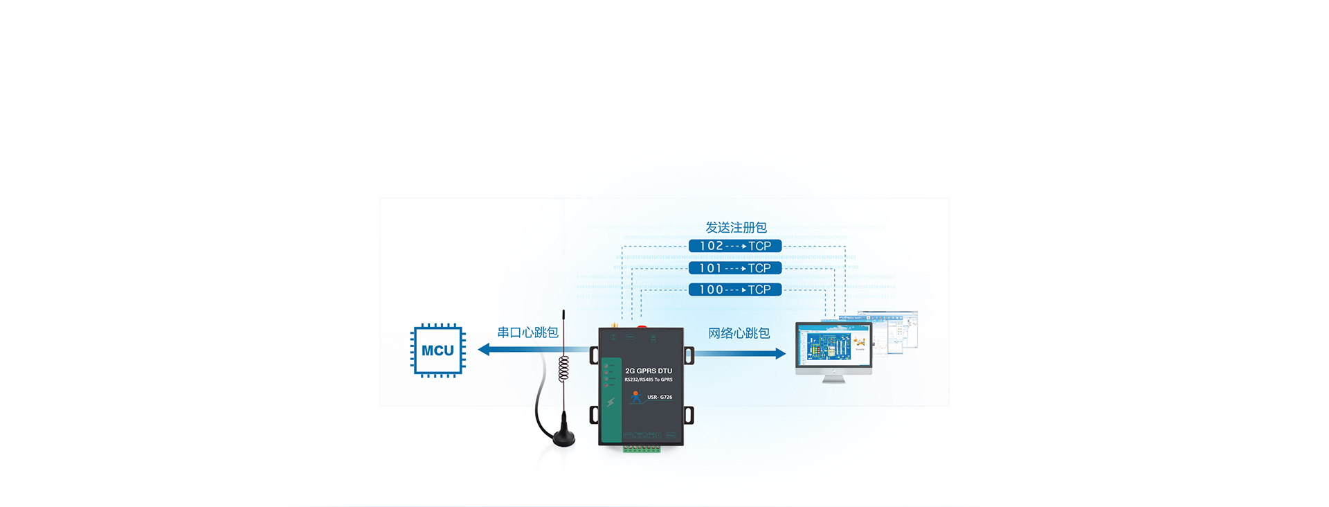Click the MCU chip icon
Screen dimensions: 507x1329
pyautogui.click(x=437, y=350)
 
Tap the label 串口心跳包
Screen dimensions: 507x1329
pyautogui.click(x=527, y=332)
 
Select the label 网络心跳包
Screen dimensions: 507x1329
pyautogui.click(x=739, y=333)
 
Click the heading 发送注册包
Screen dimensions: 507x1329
pyautogui.click(x=736, y=227)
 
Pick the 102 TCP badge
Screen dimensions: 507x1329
pyautogui.click(x=735, y=246)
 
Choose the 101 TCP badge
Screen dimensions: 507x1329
pyautogui.click(x=735, y=268)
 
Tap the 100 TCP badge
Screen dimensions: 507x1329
pyautogui.click(x=735, y=290)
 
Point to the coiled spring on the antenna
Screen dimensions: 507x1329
pyautogui.click(x=563, y=368)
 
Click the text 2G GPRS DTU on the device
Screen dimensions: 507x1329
pyautogui.click(x=649, y=371)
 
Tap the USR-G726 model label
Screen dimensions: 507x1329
pyautogui.click(x=660, y=398)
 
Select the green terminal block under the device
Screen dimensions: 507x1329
pyautogui.click(x=641, y=449)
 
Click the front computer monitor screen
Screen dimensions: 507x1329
pyautogui.click(x=833, y=345)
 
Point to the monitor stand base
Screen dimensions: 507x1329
pyautogui.click(x=833, y=380)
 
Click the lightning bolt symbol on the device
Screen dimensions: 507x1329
pyautogui.click(x=611, y=402)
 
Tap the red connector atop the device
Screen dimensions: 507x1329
pyautogui.click(x=642, y=326)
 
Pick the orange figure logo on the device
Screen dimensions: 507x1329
pyautogui.click(x=636, y=397)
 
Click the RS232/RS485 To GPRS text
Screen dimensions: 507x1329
pyautogui.click(x=649, y=380)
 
